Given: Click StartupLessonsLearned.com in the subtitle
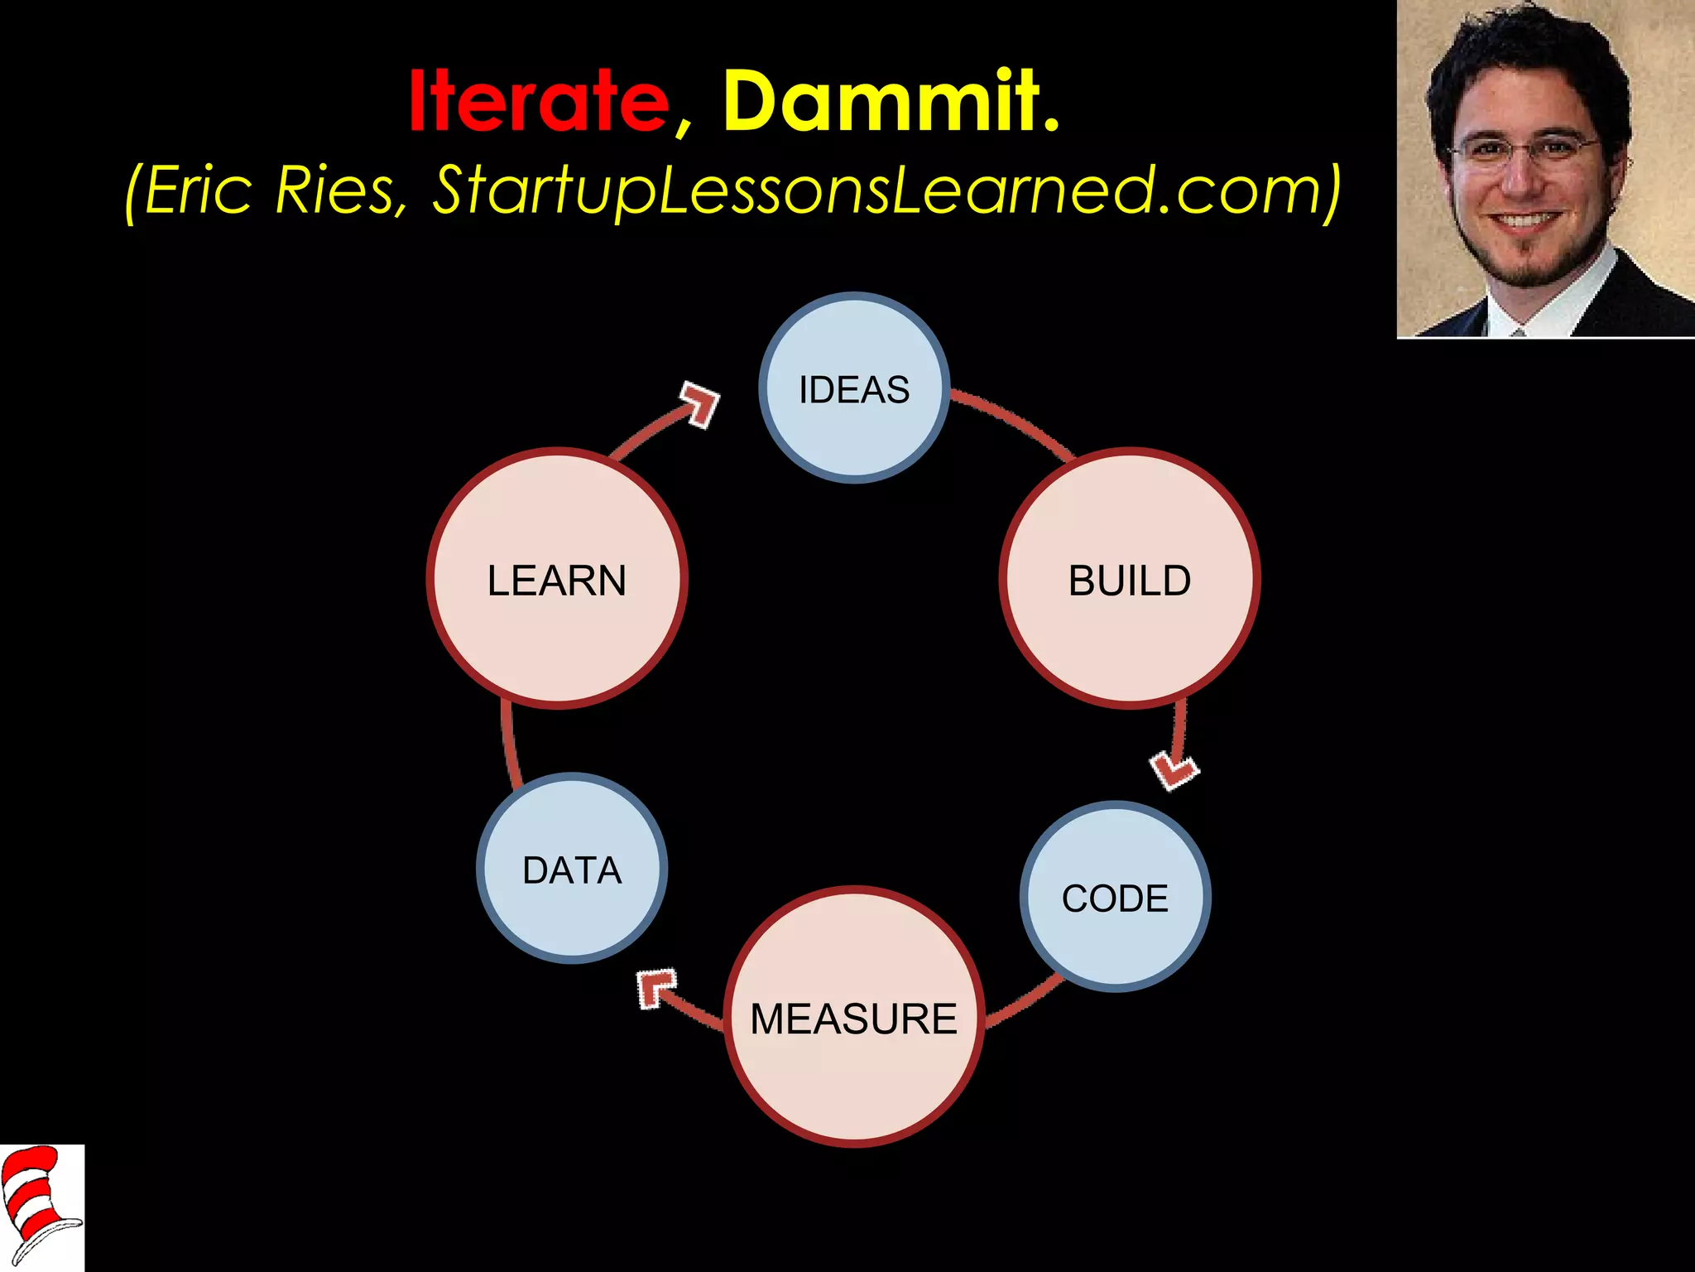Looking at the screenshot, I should click(877, 190).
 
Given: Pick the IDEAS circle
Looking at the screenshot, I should click(854, 388).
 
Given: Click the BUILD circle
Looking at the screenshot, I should click(1130, 578).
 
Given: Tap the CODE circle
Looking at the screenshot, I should click(1115, 896).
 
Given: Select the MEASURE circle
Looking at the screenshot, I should click(854, 1017).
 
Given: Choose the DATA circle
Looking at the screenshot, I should click(572, 868).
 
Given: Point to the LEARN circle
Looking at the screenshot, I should click(557, 578).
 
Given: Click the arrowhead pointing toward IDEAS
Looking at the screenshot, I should click(700, 403).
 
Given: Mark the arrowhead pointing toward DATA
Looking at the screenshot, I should click(655, 988).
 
